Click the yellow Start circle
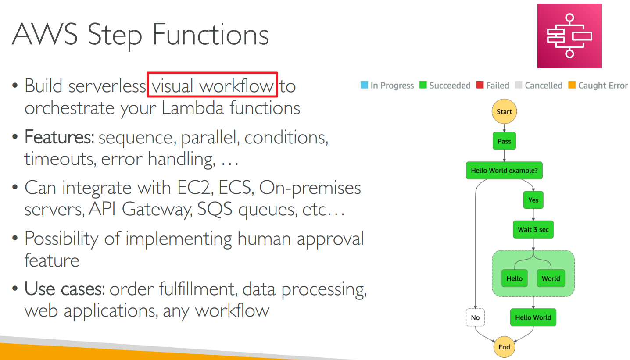tap(504, 111)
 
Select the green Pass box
tap(504, 141)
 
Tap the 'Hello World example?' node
tap(504, 170)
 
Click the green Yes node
tap(533, 200)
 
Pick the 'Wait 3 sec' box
tap(533, 229)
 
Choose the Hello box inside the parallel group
tap(515, 278)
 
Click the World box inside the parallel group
tap(551, 278)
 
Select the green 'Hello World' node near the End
tap(533, 317)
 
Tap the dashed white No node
tap(475, 317)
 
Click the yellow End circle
tap(504, 347)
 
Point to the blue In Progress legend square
tap(364, 85)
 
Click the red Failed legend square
tap(480, 85)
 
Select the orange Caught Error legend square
tap(572, 85)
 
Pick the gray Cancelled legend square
tap(518, 85)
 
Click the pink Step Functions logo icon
tap(569, 36)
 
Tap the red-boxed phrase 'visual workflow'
tap(213, 86)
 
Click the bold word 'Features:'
tap(59, 137)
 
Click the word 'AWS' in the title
tap(44, 34)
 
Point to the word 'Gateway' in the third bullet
tap(157, 210)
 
